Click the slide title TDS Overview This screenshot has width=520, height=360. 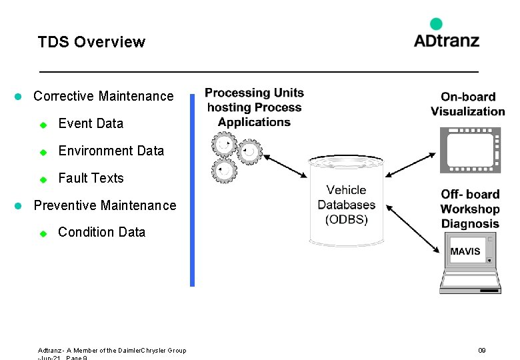point(91,42)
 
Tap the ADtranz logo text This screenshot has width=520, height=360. point(446,40)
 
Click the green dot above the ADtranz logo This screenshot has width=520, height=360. point(436,24)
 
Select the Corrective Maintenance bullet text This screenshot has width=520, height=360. point(103,96)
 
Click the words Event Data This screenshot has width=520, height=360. point(91,123)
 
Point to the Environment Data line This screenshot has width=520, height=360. point(111,151)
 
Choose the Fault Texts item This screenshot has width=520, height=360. point(91,178)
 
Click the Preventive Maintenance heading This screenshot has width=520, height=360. point(105,205)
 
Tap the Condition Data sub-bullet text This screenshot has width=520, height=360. point(101,232)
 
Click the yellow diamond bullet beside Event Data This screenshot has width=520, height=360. point(42,124)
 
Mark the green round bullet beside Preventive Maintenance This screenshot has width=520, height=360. point(19,205)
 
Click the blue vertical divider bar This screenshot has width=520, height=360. point(192,190)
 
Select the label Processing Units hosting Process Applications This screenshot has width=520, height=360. point(254,107)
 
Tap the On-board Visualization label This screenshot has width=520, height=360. point(467,104)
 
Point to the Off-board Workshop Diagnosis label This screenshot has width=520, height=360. point(470,209)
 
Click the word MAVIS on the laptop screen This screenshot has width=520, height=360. point(465,251)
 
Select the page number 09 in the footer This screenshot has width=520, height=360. point(482,350)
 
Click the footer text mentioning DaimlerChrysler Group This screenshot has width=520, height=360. point(112,351)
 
